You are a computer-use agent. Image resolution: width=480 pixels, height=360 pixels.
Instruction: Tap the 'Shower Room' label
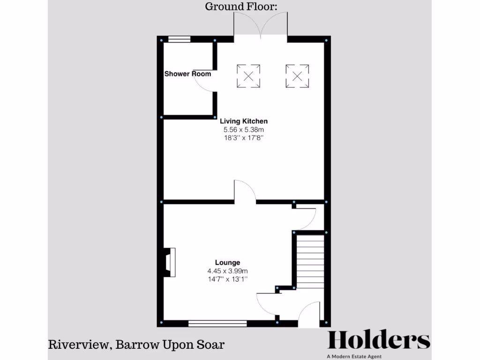187,74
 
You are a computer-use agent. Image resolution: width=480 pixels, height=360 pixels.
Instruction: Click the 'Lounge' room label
227,262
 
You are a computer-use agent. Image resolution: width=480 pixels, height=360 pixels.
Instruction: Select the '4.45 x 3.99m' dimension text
227,270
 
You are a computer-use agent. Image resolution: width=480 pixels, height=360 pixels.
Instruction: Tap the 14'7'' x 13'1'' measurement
227,278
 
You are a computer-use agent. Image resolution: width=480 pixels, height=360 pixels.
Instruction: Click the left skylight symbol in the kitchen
248,76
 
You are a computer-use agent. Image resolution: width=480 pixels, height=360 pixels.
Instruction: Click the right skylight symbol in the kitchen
297,76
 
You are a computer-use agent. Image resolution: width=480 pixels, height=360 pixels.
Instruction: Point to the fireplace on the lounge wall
169,263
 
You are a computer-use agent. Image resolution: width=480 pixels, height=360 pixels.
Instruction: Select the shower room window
180,39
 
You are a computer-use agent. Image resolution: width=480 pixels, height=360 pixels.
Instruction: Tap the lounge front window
217,323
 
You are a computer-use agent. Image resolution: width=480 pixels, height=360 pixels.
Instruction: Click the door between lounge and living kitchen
245,192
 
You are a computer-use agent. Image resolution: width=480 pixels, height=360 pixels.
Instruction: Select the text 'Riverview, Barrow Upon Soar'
136,345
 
